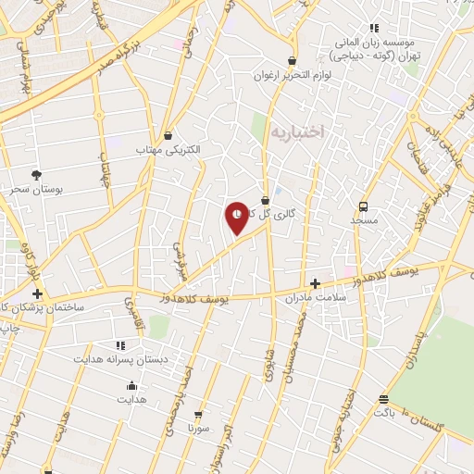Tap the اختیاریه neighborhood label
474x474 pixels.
298,132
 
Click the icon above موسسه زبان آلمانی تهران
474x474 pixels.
374,29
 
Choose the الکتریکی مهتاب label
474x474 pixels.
168,149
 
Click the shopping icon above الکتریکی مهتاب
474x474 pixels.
168,135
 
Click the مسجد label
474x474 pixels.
364,221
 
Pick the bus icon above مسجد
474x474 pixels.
364,206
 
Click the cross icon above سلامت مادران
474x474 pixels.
316,283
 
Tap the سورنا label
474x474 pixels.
197,429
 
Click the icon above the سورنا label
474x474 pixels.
197,414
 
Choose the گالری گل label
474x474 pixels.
279,213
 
